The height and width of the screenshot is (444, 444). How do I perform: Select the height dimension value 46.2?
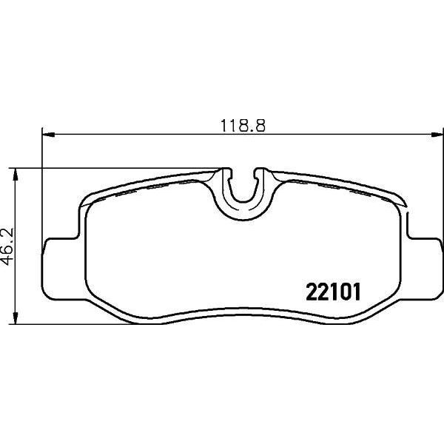(x=8, y=245)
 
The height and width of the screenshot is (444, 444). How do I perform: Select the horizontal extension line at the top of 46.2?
(x=118, y=168)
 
